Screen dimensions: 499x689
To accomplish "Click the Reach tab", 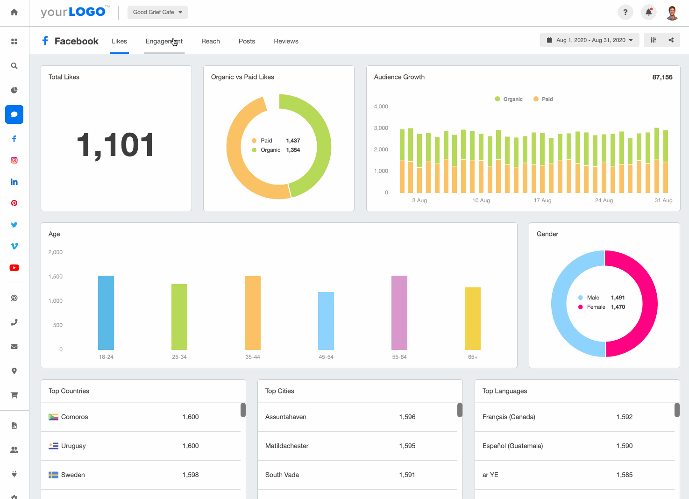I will [210, 41].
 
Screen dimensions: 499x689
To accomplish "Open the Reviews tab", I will [286, 41].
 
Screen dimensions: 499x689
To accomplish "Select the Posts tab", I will [247, 41].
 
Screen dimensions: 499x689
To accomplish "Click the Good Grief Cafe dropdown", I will [157, 12].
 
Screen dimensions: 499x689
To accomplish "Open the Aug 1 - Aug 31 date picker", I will [590, 40].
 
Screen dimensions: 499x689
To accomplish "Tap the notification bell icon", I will [648, 12].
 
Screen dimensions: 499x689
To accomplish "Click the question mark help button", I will [625, 12].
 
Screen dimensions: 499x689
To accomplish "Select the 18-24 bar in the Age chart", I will [106, 313].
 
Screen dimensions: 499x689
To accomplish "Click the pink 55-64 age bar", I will [399, 313].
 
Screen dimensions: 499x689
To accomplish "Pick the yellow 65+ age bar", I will [473, 318].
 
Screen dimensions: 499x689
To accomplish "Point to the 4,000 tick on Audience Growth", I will [381, 107].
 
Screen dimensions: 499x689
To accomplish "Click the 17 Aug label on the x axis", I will [542, 200].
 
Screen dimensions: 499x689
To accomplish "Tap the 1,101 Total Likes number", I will [115, 145].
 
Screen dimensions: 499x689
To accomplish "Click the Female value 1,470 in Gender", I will [618, 307].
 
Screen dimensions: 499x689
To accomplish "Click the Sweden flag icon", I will [53, 475].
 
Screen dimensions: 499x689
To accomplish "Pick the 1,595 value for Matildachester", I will [407, 446].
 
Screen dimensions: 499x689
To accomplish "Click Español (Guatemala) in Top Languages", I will [512, 446].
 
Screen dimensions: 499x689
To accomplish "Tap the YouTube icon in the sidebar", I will [14, 268].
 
